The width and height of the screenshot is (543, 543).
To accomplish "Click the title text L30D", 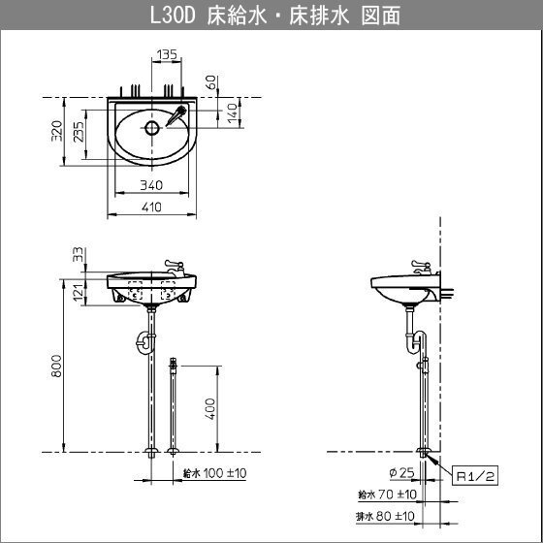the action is pyautogui.click(x=174, y=16).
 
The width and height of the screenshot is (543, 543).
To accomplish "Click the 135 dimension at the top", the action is pyautogui.click(x=167, y=54).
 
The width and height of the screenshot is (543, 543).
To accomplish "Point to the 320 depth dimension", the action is pyautogui.click(x=57, y=131).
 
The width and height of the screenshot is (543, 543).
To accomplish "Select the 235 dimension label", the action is pyautogui.click(x=79, y=131).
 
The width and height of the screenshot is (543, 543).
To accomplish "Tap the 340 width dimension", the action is pyautogui.click(x=151, y=185).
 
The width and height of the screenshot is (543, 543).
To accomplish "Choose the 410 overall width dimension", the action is pyautogui.click(x=151, y=207).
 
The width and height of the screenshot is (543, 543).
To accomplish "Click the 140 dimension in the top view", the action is pyautogui.click(x=234, y=112).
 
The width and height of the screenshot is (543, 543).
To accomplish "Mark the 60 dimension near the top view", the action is pyautogui.click(x=211, y=82).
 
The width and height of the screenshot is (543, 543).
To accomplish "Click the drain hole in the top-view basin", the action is pyautogui.click(x=152, y=128).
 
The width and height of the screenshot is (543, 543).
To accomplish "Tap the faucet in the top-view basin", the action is pyautogui.click(x=176, y=115).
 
